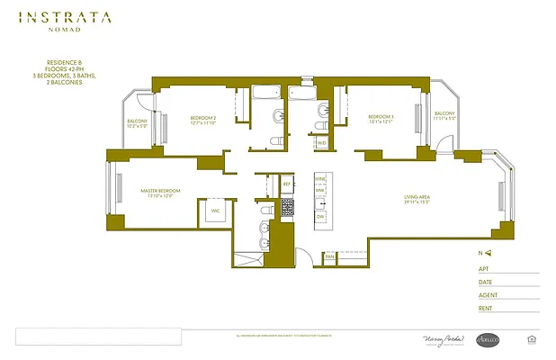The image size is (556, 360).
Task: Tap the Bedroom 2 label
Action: (x=203, y=121)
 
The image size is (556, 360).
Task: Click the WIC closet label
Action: (x=215, y=211)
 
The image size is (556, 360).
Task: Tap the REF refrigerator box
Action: (x=286, y=184)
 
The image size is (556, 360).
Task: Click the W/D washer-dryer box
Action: (x=321, y=142)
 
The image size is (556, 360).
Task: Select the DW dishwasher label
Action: (x=320, y=217)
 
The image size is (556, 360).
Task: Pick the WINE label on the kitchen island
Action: (x=320, y=180)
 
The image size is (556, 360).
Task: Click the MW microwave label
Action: (x=320, y=191)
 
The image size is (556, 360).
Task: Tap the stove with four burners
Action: (x=288, y=208)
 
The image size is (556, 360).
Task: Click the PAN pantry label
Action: (x=329, y=256)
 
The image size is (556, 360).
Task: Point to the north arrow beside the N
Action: (x=490, y=254)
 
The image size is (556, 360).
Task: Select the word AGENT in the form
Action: (x=489, y=293)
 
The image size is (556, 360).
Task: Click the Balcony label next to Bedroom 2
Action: (x=137, y=123)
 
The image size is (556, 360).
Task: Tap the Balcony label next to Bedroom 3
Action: (x=444, y=116)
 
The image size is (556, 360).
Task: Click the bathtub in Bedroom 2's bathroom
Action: (x=265, y=93)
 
